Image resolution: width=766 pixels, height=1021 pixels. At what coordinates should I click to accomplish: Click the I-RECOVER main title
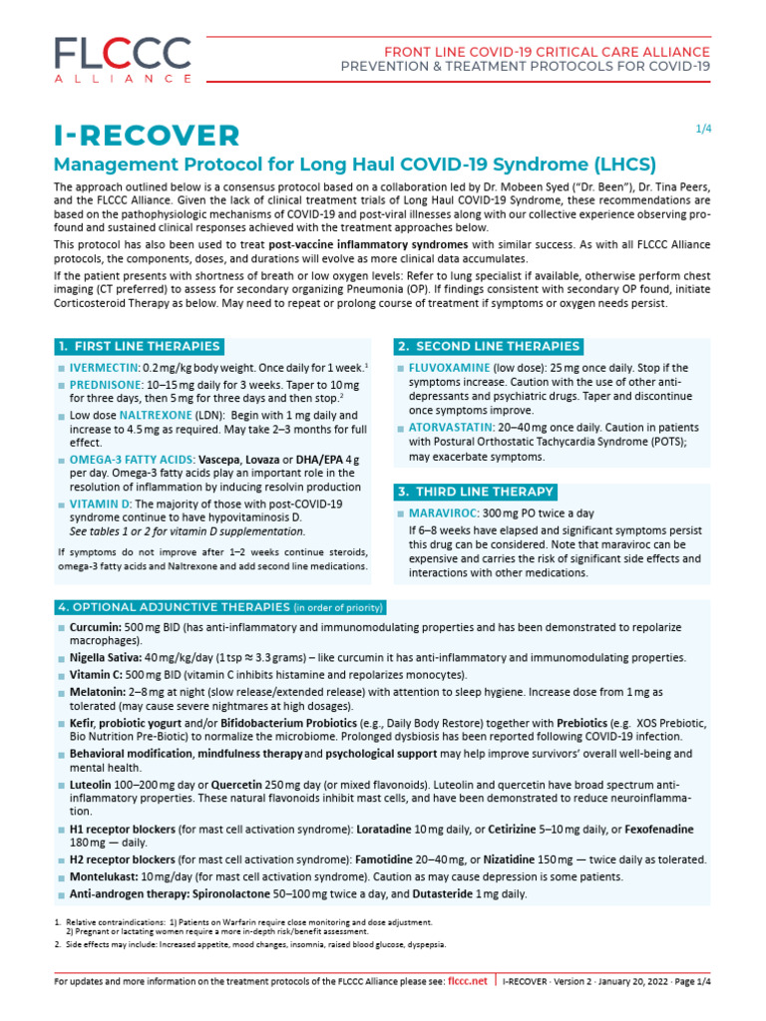147,135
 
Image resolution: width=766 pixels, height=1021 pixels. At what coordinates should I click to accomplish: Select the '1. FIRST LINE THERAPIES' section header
139,346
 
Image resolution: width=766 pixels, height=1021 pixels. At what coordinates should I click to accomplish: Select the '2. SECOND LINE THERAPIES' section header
488,346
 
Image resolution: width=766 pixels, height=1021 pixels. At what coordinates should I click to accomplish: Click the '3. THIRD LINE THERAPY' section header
475,492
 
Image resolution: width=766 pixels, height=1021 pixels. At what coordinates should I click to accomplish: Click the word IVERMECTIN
105,368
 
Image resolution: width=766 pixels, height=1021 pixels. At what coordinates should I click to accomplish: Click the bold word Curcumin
96,627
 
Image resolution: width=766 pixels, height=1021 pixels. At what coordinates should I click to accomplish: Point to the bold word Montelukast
104,876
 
